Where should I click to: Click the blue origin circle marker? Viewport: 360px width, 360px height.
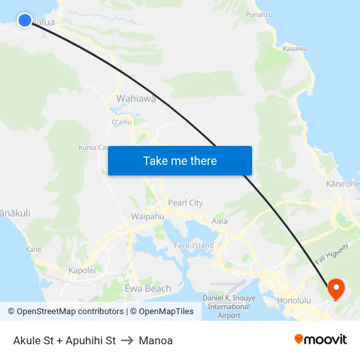pyautogui.click(x=25, y=20)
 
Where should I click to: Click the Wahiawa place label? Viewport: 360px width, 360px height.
pyautogui.click(x=136, y=99)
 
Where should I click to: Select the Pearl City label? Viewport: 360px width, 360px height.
pyautogui.click(x=185, y=203)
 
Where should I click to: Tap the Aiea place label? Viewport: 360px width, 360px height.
pyautogui.click(x=219, y=221)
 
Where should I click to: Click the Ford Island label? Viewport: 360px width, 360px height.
pyautogui.click(x=194, y=245)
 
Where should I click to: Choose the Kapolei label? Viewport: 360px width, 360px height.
pyautogui.click(x=82, y=270)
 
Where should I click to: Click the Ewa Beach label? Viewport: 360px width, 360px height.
pyautogui.click(x=148, y=288)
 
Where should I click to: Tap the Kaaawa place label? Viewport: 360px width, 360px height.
pyautogui.click(x=295, y=48)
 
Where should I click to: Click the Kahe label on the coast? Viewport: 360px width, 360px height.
pyautogui.click(x=33, y=249)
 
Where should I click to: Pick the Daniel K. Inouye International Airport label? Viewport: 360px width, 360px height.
pyautogui.click(x=228, y=306)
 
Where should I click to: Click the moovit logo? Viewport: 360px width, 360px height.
pyautogui.click(x=320, y=340)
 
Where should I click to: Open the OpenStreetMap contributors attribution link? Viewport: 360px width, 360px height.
pyautogui.click(x=65, y=312)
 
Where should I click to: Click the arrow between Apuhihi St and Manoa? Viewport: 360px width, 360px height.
pyautogui.click(x=127, y=340)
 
